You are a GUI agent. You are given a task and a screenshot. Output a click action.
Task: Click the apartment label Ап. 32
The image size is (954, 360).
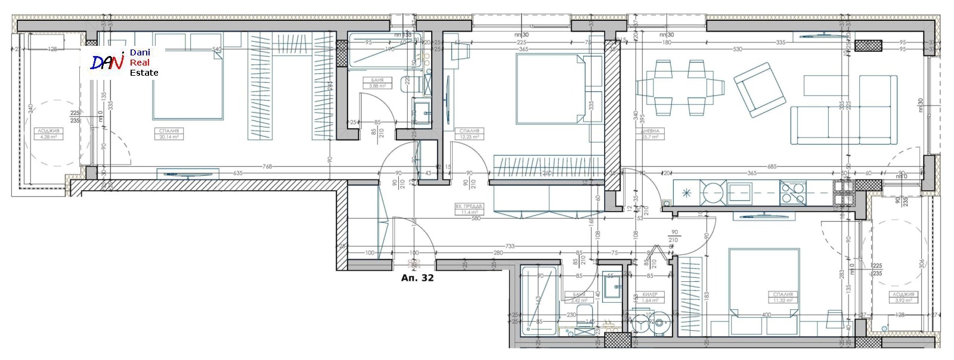tap(417, 278)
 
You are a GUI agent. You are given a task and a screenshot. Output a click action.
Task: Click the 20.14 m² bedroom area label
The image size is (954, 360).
tap(169, 134)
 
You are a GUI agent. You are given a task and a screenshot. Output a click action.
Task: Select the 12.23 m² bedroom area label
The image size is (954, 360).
tap(469, 134)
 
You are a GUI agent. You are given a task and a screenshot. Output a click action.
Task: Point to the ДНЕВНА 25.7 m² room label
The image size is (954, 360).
tap(650, 134)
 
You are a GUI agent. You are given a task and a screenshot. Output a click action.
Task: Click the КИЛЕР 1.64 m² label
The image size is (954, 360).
tap(650, 297)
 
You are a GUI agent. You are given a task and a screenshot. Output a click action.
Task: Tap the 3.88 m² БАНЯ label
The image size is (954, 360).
tap(377, 83)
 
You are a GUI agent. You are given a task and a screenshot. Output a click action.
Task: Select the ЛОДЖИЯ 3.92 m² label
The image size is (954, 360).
tap(904, 297)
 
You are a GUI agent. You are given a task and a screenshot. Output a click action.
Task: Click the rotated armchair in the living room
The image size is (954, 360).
tap(759, 89)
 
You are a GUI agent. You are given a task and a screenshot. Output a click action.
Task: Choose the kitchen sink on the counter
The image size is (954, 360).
tap(739, 192)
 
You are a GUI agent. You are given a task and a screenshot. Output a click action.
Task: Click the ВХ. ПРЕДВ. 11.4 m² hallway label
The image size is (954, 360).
tap(469, 209)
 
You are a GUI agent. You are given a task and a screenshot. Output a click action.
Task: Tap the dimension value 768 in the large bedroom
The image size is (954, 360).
tap(268, 167)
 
